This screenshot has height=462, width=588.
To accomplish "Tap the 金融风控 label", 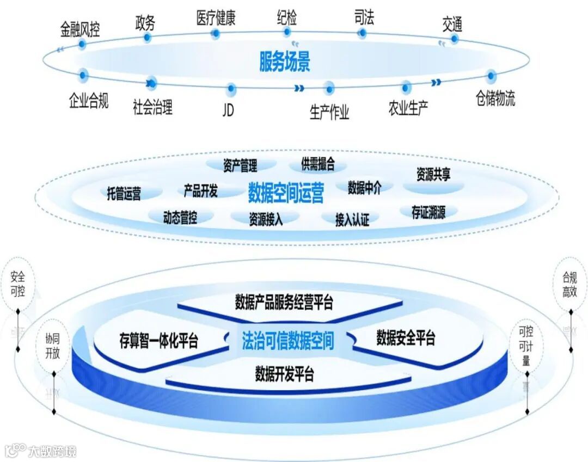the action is coord(80,29).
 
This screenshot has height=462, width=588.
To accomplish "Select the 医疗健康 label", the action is coord(216,19).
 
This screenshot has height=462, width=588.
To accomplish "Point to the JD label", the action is coord(228,109).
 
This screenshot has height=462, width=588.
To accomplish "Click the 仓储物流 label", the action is coord(495,98).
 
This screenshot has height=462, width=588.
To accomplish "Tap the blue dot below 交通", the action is coord(454,39).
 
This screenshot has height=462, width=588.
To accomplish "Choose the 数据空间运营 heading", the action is coord(285,192).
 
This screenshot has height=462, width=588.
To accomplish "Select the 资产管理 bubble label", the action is coord(240,165).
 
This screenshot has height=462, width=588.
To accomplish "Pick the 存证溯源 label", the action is coord(428,212).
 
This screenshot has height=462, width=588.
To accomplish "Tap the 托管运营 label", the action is coord(124,193).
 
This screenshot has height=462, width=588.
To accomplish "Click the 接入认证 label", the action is coord(352,219).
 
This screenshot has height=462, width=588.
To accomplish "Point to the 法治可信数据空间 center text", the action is coord(287,341).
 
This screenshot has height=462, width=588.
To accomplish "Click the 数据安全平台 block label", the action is coord(406,338).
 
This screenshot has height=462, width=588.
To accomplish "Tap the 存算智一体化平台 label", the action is coord(158,341).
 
